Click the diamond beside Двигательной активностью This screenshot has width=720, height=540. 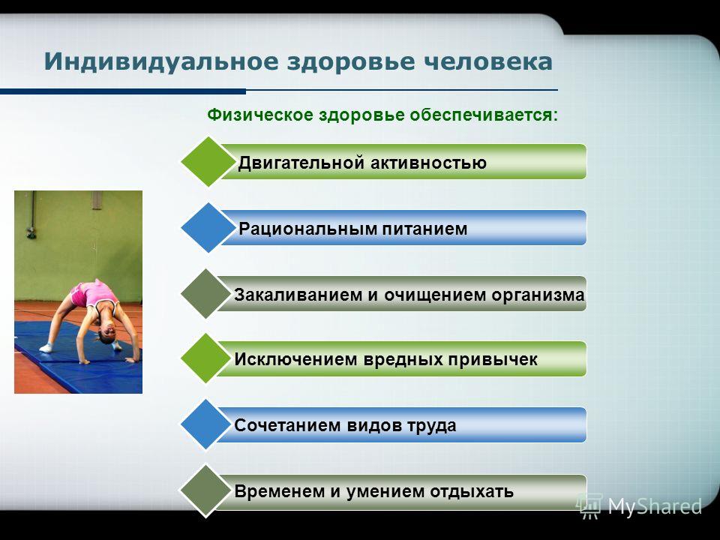click(208, 162)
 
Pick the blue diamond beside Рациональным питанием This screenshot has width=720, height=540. click(208, 228)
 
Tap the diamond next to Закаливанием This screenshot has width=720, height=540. click(205, 294)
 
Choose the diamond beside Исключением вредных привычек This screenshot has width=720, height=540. click(205, 358)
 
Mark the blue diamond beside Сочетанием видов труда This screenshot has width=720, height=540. click(205, 424)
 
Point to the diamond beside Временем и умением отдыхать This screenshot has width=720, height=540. click(205, 490)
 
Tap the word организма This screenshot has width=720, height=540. click(538, 295)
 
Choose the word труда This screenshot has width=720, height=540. click(431, 426)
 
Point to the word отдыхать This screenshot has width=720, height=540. click(472, 492)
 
